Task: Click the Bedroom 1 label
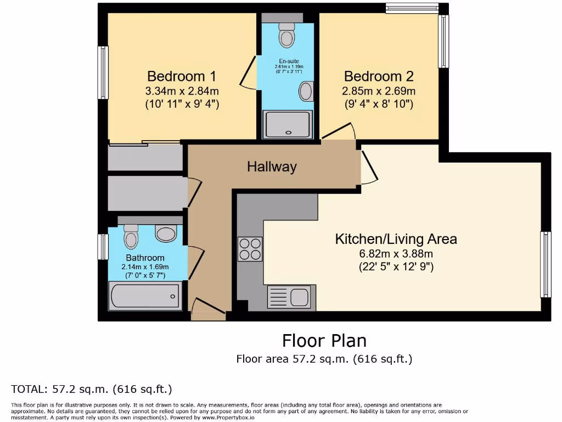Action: [182, 76]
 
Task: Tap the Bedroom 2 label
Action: [379, 76]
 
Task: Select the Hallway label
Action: [272, 166]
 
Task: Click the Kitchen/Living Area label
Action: [396, 239]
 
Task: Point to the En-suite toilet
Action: [286, 35]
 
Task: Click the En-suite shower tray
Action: [288, 124]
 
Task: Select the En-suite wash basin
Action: [306, 91]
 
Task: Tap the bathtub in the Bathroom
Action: [144, 296]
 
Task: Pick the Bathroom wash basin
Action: [166, 234]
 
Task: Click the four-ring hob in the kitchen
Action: [250, 248]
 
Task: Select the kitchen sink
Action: [290, 297]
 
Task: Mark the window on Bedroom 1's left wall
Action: [103, 73]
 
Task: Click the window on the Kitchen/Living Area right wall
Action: [545, 264]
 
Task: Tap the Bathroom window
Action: [103, 247]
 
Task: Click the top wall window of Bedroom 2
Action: [412, 8]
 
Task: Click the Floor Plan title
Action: [324, 341]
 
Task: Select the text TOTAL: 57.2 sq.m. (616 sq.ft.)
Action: [92, 390]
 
